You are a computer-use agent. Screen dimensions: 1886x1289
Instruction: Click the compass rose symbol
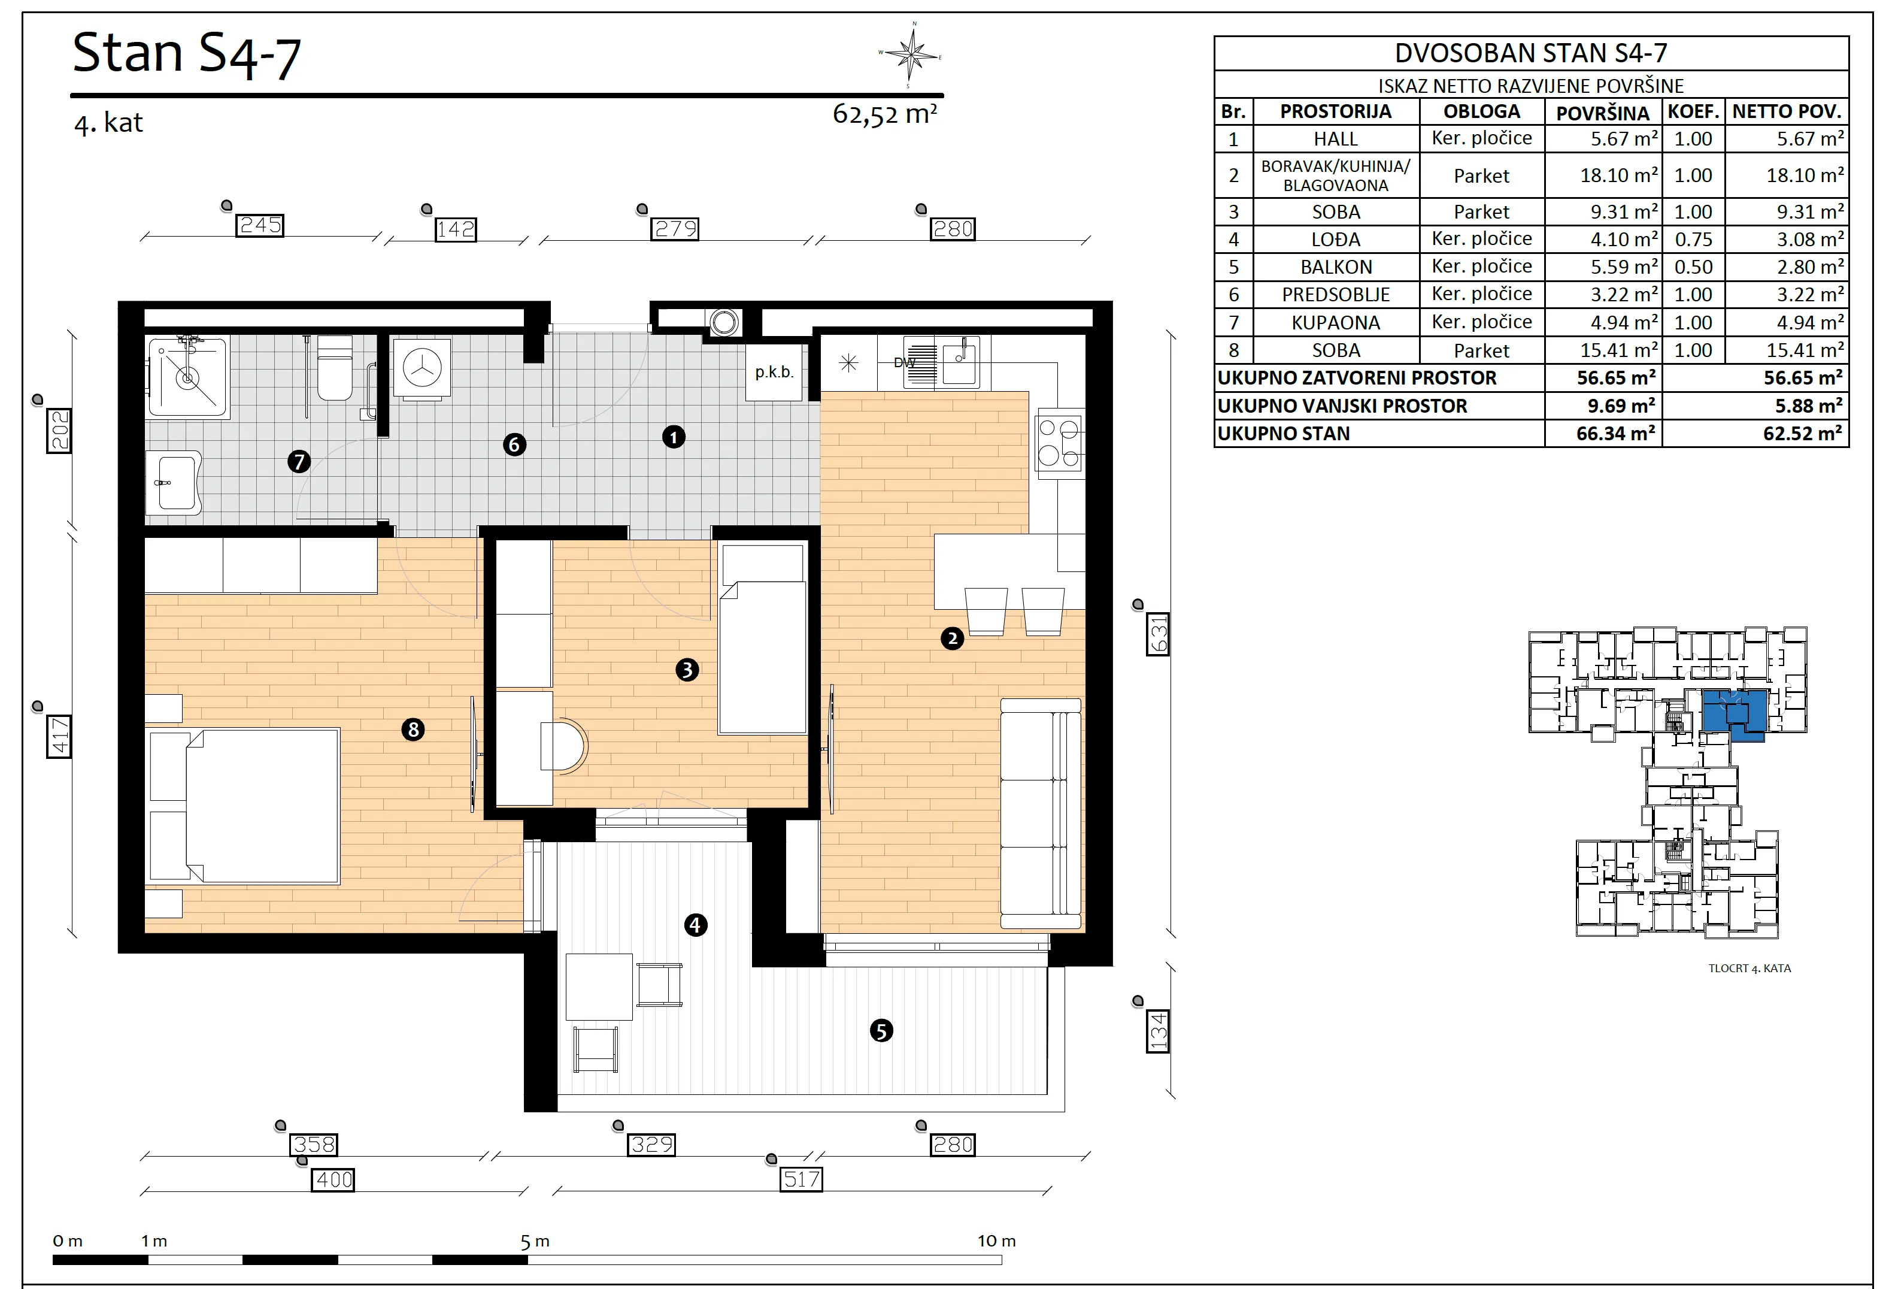click(913, 55)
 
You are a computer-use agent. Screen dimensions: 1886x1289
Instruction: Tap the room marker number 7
click(299, 462)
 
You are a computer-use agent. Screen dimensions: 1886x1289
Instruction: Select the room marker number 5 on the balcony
click(881, 1031)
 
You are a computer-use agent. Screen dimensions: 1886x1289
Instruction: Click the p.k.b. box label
click(774, 373)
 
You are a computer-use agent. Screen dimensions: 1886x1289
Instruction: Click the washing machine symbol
click(422, 368)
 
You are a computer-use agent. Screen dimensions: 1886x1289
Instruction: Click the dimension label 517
click(802, 1179)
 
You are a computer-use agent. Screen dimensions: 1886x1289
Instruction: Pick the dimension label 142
click(455, 230)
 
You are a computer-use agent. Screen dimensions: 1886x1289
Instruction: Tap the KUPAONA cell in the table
click(1335, 323)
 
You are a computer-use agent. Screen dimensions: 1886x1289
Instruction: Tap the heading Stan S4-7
click(187, 55)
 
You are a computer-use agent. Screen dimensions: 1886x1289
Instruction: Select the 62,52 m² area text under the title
click(884, 114)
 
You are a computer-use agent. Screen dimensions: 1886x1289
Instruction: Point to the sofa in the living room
click(1041, 813)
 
